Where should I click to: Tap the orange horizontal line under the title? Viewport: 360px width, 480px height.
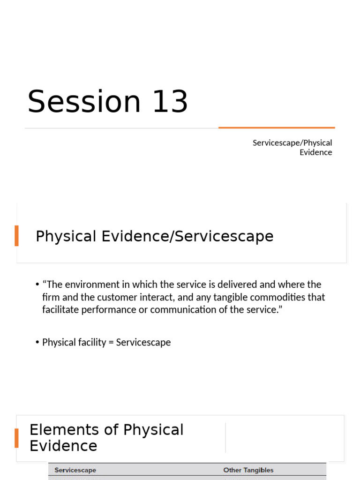coord(277,127)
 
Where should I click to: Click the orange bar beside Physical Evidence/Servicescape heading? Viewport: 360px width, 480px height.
coord(17,235)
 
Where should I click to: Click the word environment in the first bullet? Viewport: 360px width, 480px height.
coord(88,285)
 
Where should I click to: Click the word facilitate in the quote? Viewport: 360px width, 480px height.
coord(59,310)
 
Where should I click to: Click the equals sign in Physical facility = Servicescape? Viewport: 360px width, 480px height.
coord(111,342)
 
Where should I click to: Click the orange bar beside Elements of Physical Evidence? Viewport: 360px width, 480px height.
coord(17,438)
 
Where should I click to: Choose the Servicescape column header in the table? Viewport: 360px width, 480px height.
coord(75,470)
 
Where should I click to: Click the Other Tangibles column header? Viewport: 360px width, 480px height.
coord(248,470)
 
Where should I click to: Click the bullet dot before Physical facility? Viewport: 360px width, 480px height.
coord(37,343)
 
